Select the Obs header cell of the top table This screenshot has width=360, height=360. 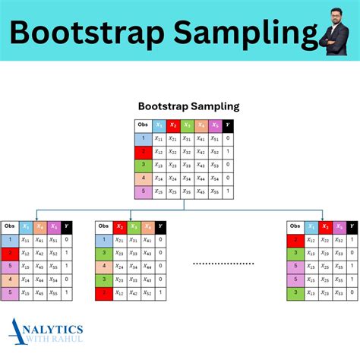point(143,126)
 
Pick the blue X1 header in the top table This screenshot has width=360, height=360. point(159,126)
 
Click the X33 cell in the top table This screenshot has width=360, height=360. point(187,165)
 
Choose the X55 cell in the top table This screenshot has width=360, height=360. point(214,191)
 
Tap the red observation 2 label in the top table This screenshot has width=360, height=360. point(143,152)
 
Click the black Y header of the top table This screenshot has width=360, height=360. point(228,126)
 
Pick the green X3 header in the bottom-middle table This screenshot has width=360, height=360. point(133,227)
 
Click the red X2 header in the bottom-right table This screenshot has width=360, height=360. point(326,227)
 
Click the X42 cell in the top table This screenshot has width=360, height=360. point(201,152)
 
